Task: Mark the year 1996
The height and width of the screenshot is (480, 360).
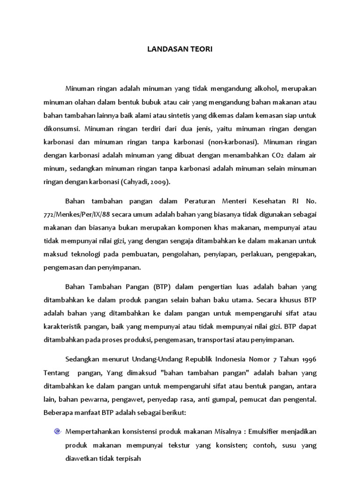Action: [x=307, y=360]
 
